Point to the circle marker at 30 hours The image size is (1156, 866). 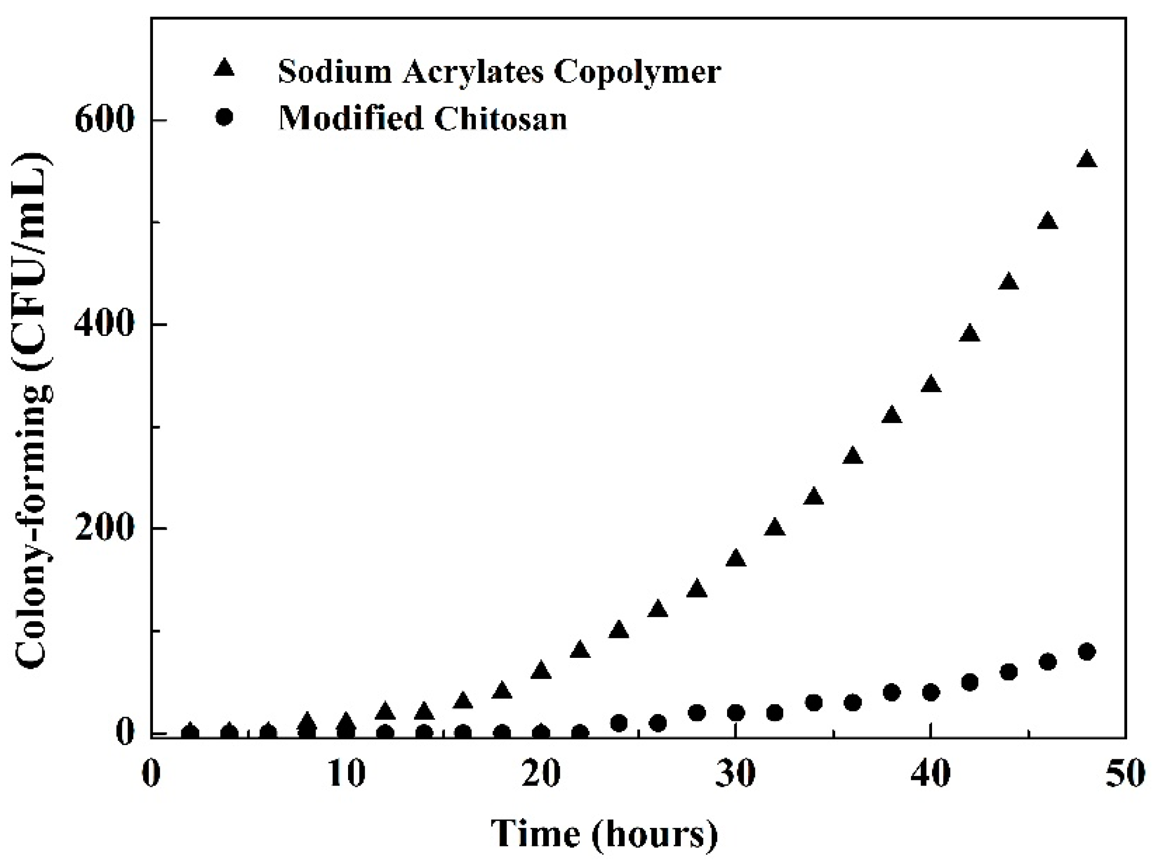[x=736, y=713]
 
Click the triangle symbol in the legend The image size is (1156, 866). [x=225, y=69]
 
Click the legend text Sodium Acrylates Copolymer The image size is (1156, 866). [x=499, y=71]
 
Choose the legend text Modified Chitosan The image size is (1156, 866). [x=423, y=118]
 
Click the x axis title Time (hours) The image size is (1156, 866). [x=605, y=833]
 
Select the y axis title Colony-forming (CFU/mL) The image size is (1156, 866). [x=34, y=411]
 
